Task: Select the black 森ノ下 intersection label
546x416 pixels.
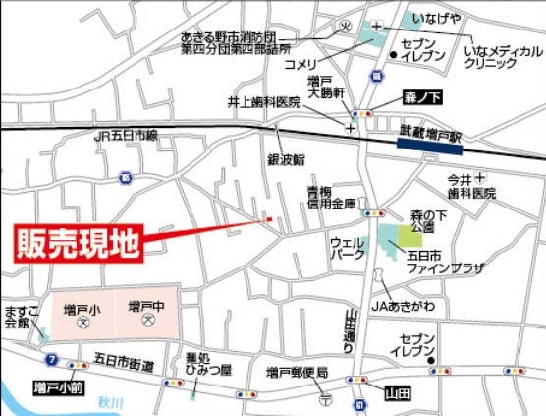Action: click(422, 97)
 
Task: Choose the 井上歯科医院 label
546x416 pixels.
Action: click(264, 101)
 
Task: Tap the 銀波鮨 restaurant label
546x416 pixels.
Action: click(286, 158)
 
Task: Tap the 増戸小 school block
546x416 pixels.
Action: click(82, 314)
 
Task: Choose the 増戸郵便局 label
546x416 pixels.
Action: click(297, 373)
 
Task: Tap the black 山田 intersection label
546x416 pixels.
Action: click(396, 391)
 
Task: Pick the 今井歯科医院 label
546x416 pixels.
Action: click(472, 187)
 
